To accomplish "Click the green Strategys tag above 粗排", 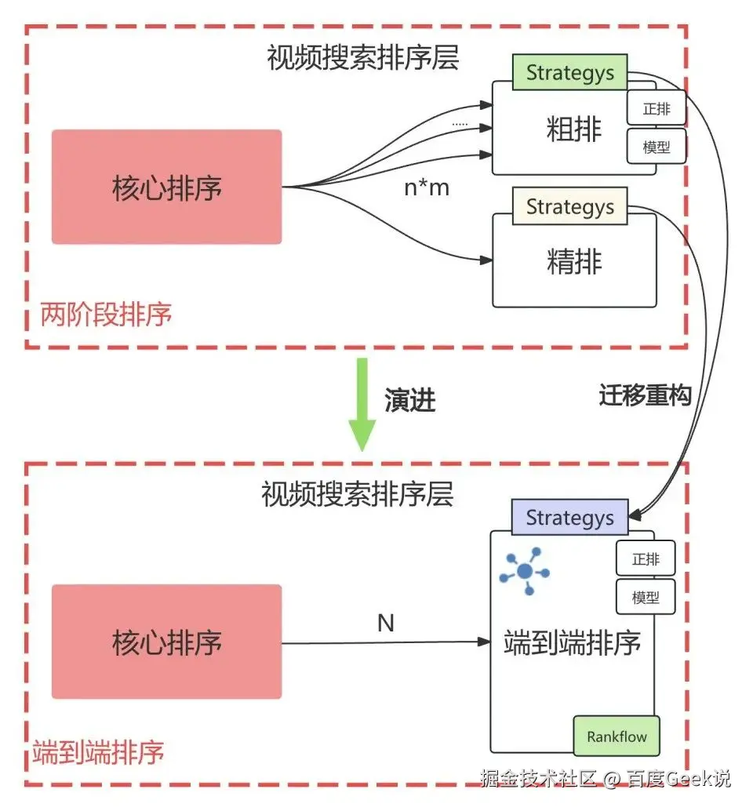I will point(569,73).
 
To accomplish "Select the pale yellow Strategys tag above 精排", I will point(569,206).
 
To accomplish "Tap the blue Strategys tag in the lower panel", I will point(569,518).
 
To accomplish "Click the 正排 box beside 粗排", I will point(657,109).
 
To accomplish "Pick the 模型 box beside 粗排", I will point(657,147).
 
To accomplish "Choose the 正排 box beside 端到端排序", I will point(645,559).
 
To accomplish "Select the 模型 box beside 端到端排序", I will point(645,598).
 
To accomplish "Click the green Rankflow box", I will point(617,736).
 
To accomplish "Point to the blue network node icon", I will point(524,570).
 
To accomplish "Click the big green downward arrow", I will point(362,404).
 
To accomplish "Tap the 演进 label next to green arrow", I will point(409,401).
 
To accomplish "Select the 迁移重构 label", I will point(645,396).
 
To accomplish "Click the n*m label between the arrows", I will point(427,187).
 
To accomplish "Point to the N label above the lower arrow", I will point(385,624).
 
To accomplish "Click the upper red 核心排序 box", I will point(166,187).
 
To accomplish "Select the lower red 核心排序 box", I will point(166,642).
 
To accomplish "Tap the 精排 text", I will point(574,262).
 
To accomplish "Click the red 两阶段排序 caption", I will point(106,315).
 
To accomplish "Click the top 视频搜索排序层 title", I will point(362,59).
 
